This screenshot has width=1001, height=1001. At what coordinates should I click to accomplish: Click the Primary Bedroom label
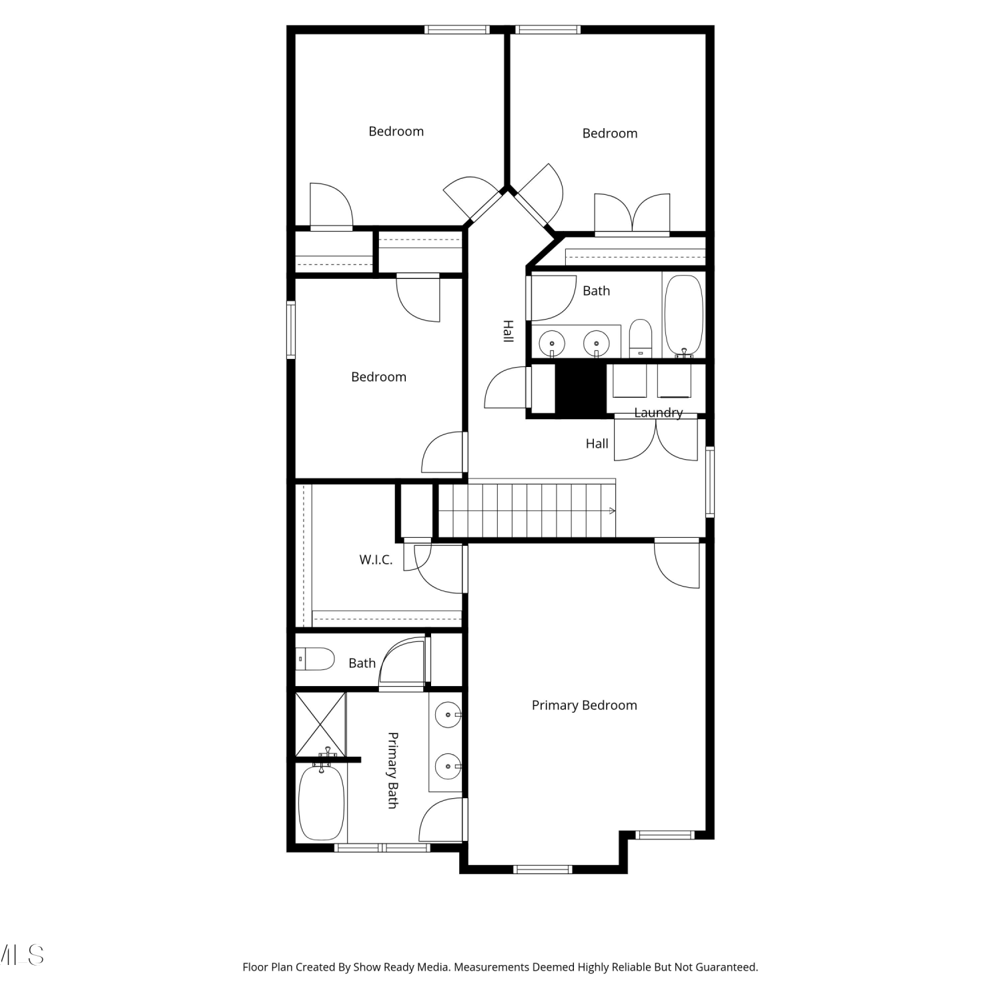(584, 705)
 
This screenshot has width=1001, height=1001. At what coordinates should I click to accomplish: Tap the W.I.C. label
(376, 560)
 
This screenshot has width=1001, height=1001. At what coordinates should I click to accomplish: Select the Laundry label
(658, 413)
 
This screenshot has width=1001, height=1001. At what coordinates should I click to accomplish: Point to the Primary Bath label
(393, 770)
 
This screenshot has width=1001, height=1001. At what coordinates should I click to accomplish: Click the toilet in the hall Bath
(641, 338)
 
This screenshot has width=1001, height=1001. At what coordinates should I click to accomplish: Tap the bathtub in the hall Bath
(684, 316)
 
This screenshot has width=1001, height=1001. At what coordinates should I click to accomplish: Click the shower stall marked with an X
(321, 725)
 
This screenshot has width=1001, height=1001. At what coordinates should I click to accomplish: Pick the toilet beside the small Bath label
(315, 659)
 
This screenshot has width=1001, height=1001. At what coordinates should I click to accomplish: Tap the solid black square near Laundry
(581, 388)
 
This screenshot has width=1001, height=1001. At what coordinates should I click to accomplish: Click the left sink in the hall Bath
(552, 344)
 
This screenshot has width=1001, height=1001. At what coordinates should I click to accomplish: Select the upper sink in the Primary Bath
(448, 715)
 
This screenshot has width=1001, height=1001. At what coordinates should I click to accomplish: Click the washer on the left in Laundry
(629, 381)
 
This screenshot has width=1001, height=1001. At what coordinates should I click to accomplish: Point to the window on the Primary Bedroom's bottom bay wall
(543, 869)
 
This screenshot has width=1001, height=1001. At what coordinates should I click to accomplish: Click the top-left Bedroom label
(396, 131)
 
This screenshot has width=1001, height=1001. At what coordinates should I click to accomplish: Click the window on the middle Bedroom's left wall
(291, 330)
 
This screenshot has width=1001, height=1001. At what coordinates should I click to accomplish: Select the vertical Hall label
(508, 331)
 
